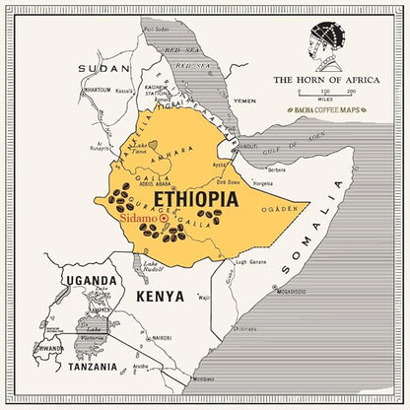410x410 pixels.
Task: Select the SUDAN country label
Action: click(x=105, y=68)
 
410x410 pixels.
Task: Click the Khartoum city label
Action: click(x=97, y=90)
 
